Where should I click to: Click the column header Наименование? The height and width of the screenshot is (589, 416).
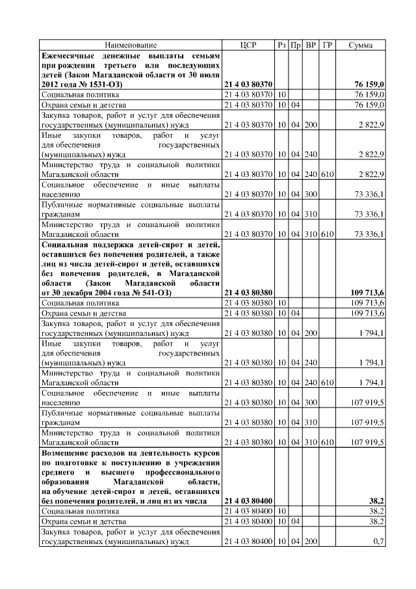point(132,45)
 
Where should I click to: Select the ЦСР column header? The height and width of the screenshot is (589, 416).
point(248,45)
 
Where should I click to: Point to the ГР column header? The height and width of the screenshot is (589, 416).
point(328,45)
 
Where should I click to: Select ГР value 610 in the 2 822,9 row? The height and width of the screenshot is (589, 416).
point(328,174)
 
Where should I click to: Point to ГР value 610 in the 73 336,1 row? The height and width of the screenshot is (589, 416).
point(328,234)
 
